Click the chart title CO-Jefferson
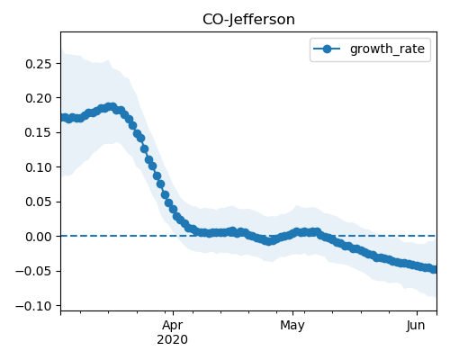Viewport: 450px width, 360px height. point(248,20)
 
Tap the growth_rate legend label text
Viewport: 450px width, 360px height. point(387,49)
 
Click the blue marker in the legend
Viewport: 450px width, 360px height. point(327,49)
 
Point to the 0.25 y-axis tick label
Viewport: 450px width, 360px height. point(39,64)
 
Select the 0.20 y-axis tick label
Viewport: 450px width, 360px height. point(39,98)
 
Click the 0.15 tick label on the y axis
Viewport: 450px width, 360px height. point(39,132)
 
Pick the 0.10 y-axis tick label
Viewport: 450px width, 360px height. point(39,167)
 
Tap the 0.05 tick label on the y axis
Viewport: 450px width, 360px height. point(39,202)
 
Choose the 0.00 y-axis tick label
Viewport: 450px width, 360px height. point(39,237)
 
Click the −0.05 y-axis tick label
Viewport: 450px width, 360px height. point(33,271)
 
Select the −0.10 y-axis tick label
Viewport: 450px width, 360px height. point(33,306)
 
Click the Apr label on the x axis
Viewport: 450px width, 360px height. point(173,326)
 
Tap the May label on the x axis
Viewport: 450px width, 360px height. point(292,326)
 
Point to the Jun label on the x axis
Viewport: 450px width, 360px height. point(416,326)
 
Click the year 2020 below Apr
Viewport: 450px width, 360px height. point(173,339)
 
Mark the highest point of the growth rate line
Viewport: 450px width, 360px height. point(112,107)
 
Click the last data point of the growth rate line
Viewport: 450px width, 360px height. point(435,269)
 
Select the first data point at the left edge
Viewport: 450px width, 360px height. point(63,118)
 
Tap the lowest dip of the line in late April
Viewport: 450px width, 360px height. point(269,241)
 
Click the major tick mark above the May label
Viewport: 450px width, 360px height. point(293,313)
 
